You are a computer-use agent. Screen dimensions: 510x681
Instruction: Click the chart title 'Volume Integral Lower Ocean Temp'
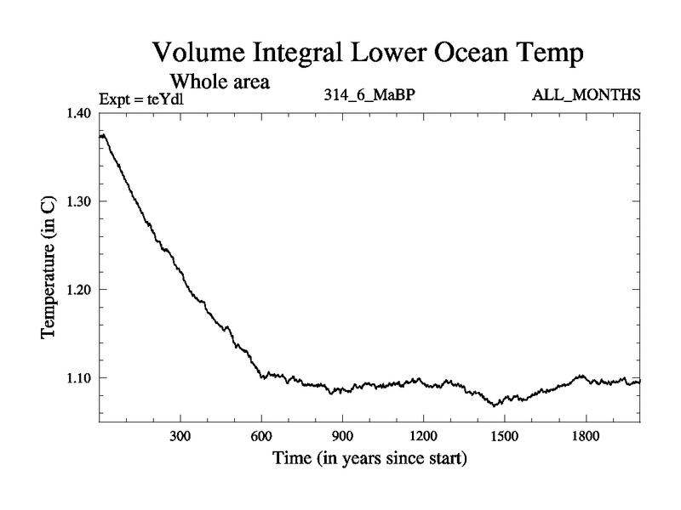(x=369, y=54)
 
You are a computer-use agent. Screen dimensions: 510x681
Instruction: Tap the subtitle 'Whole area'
(x=220, y=82)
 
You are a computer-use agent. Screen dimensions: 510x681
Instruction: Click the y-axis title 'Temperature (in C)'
(x=48, y=268)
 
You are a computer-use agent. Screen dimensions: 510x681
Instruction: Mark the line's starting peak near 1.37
(x=103, y=134)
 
